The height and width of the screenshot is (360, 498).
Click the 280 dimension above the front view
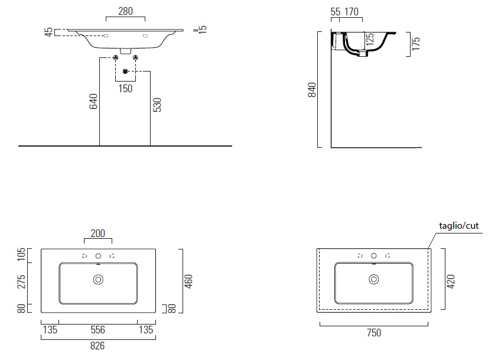pyautogui.click(x=125, y=11)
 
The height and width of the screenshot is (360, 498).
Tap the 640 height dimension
pyautogui.click(x=93, y=101)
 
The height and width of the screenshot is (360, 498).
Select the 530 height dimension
pyautogui.click(x=157, y=105)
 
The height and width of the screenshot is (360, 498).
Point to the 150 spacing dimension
pyautogui.click(x=125, y=89)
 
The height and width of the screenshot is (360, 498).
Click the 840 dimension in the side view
pyautogui.click(x=312, y=90)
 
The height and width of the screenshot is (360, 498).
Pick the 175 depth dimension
pyautogui.click(x=416, y=44)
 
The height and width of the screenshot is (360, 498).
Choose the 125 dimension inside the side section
pyautogui.click(x=370, y=40)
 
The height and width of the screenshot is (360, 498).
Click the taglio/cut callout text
pyautogui.click(x=458, y=226)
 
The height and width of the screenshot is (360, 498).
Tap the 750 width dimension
pyautogui.click(x=374, y=333)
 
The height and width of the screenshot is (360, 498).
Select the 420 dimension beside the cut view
pyautogui.click(x=451, y=281)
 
